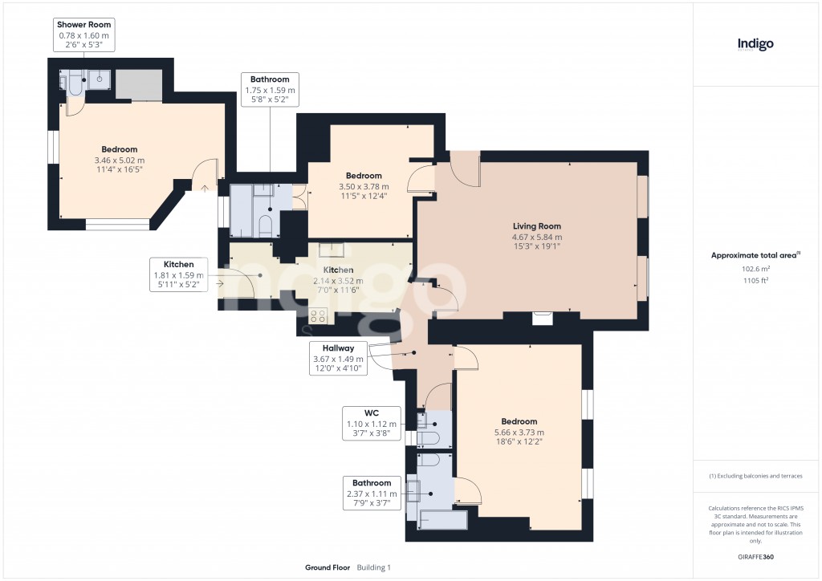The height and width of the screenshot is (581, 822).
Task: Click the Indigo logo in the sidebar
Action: [755, 44]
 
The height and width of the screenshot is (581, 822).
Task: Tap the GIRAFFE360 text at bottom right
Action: [756, 557]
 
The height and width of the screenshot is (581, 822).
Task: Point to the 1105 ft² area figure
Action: [755, 282]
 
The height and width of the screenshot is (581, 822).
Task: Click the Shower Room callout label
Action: [83, 35]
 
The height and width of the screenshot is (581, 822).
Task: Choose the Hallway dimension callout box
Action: [338, 358]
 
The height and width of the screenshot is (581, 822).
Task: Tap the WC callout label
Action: [371, 424]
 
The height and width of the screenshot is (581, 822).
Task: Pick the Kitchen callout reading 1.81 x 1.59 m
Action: [179, 274]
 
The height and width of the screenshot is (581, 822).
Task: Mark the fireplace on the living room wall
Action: [543, 318]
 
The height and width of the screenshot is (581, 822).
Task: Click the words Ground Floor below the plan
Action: [328, 567]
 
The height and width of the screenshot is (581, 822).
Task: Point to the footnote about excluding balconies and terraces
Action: [755, 476]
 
